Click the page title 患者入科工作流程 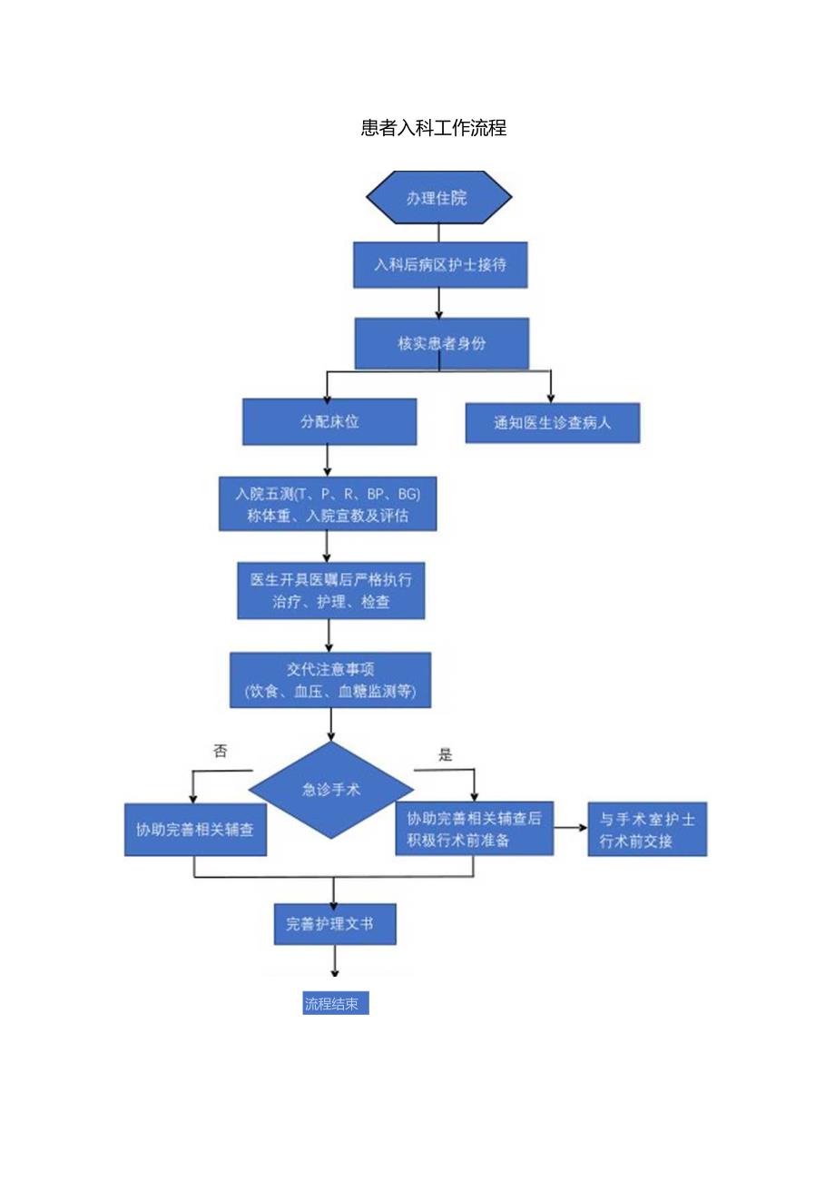click(x=433, y=128)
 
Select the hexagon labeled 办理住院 click(x=438, y=197)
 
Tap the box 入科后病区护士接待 click(x=440, y=265)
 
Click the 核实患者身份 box click(x=441, y=343)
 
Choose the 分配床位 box click(x=329, y=421)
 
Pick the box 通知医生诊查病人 click(x=552, y=422)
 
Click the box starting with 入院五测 click(x=327, y=505)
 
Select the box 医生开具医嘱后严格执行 click(x=330, y=590)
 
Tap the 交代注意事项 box click(x=329, y=680)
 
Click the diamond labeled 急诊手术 click(x=331, y=790)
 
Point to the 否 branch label click(x=220, y=751)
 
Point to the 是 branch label click(x=445, y=754)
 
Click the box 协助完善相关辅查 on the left click(x=195, y=829)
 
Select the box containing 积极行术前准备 click(x=474, y=828)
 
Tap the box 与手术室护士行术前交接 click(x=647, y=829)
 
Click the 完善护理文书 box click(x=335, y=924)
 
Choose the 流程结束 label click(x=335, y=1004)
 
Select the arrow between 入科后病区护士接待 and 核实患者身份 click(x=439, y=302)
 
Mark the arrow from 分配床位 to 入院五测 click(x=328, y=460)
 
